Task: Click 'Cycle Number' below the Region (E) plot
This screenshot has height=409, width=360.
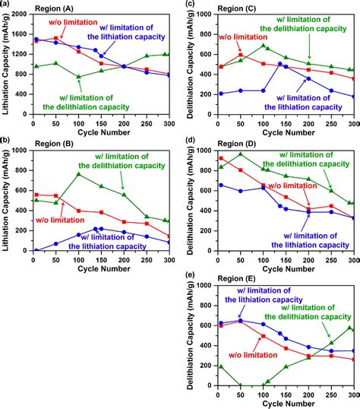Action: (286, 403)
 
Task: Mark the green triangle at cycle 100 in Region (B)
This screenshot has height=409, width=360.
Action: (78, 174)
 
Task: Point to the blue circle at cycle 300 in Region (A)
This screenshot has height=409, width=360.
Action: (168, 75)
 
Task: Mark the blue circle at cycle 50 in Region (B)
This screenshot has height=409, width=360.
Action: (55, 243)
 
